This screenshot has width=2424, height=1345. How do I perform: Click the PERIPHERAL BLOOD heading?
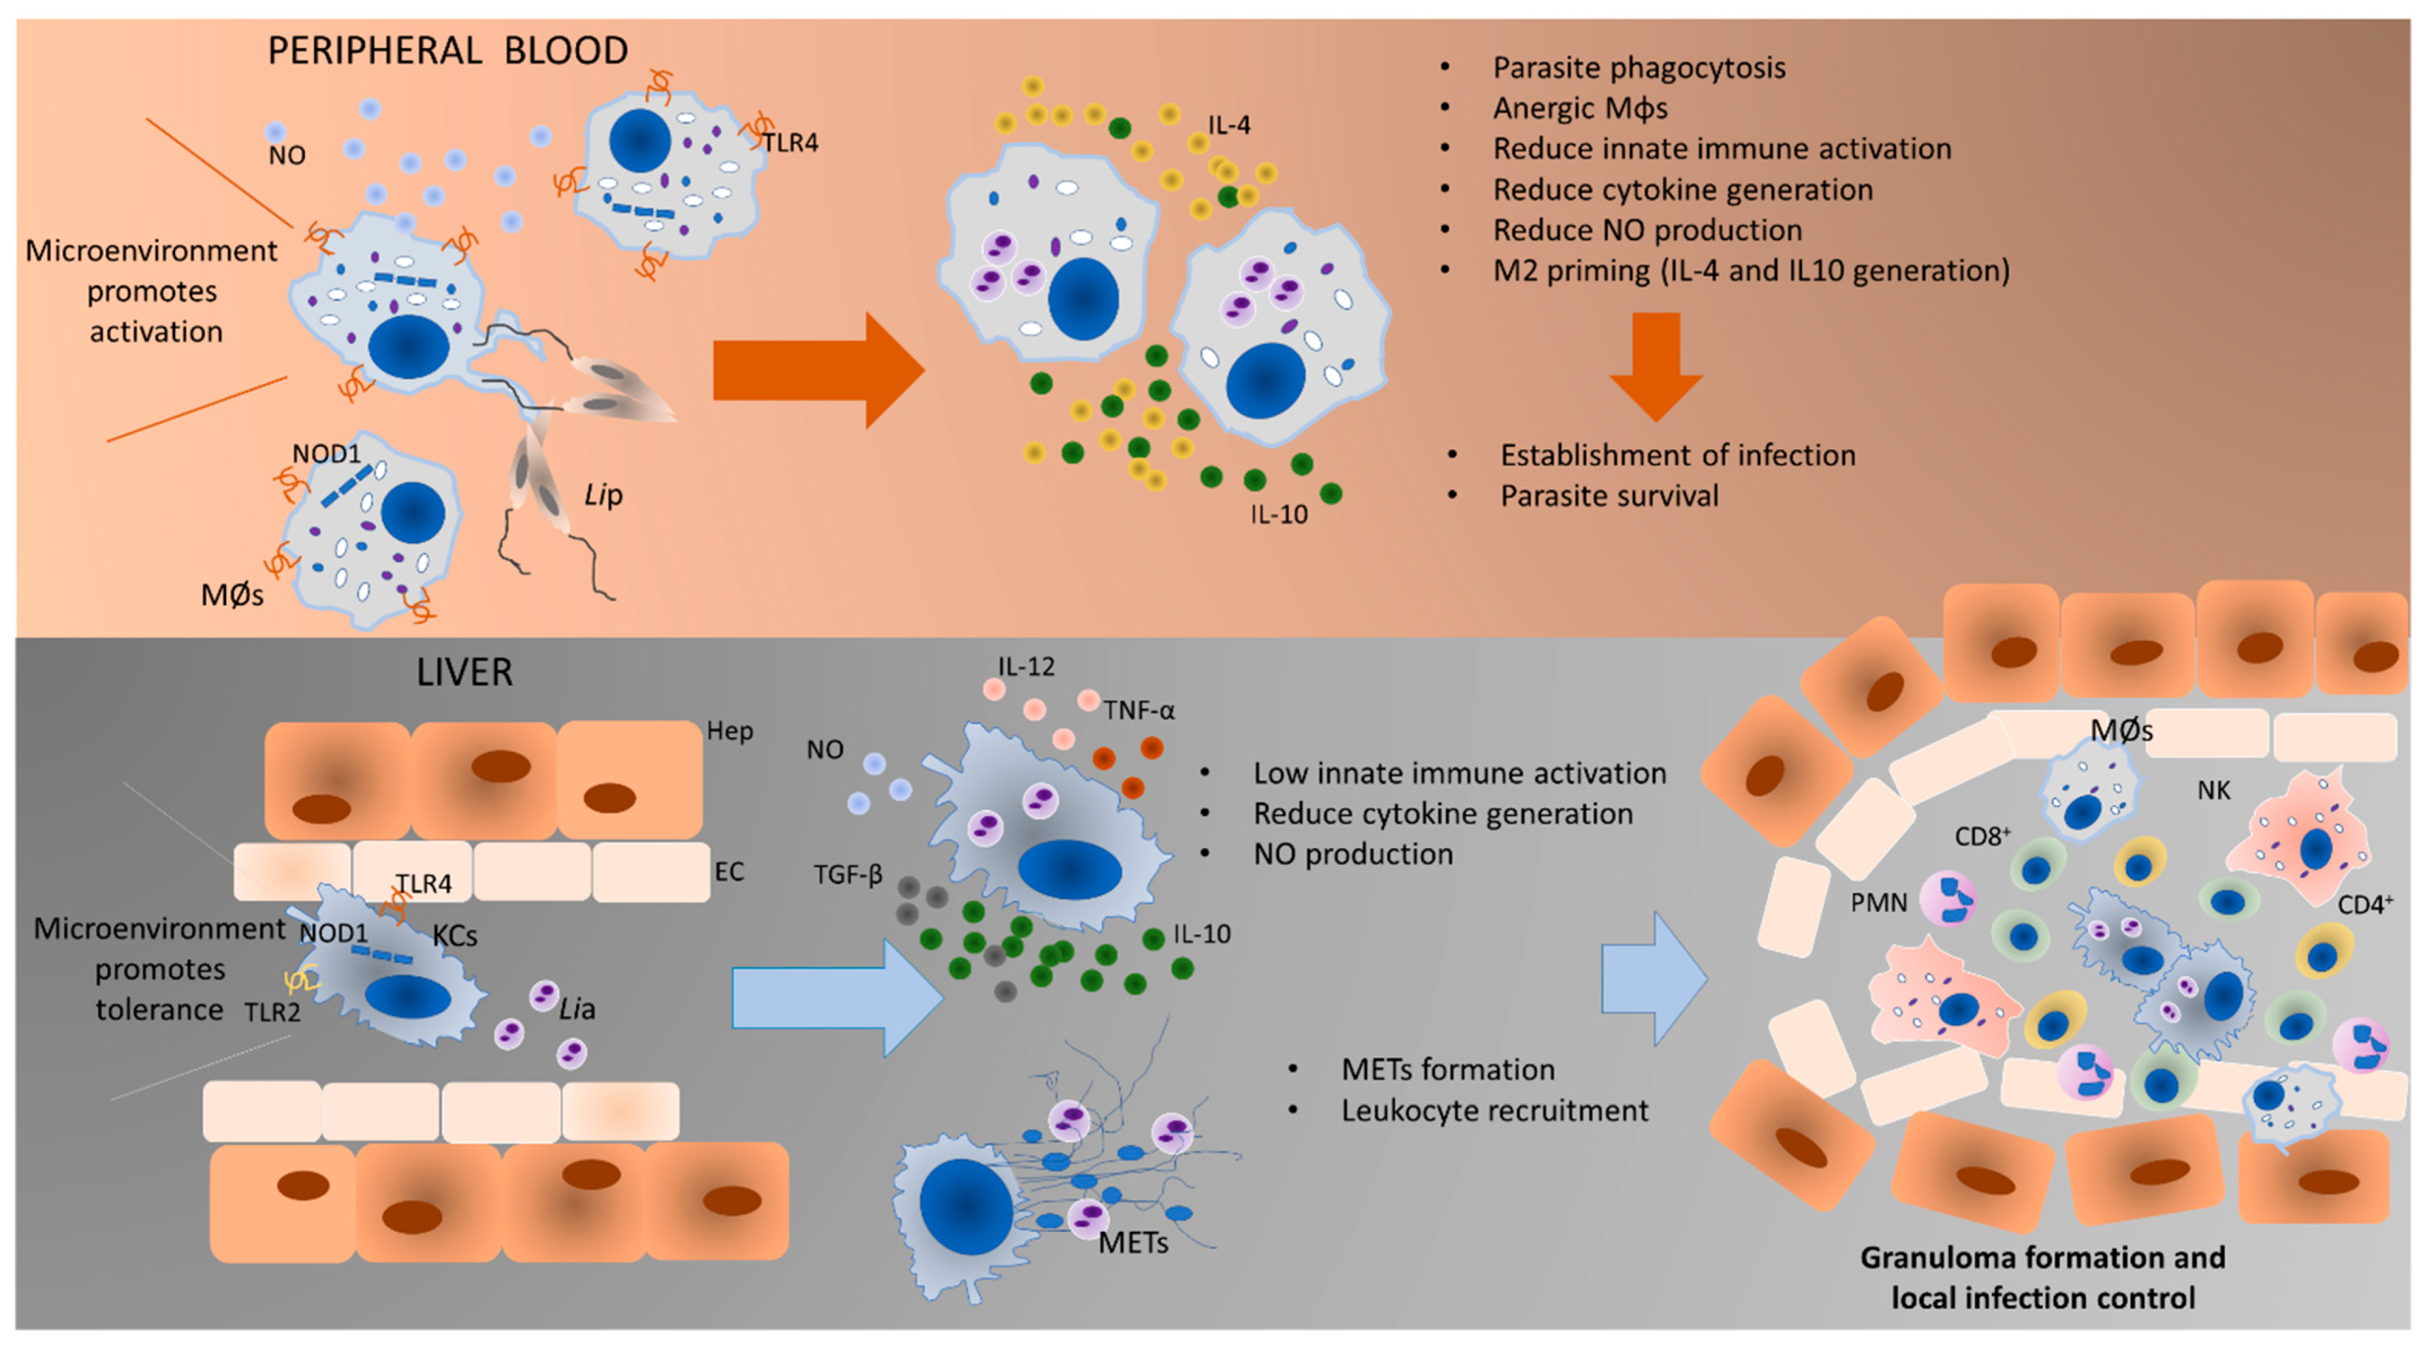tap(448, 51)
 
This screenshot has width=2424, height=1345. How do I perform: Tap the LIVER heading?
tap(465, 672)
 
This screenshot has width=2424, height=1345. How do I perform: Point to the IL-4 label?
tap(1229, 125)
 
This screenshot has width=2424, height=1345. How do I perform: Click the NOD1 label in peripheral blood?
tap(327, 454)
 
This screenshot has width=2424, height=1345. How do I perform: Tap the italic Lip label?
tap(604, 495)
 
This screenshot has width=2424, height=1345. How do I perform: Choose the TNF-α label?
tap(1139, 710)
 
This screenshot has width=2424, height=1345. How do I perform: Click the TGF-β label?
tap(848, 875)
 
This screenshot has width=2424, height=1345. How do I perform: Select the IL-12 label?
tap(1026, 667)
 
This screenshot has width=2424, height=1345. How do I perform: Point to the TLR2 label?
tap(272, 1012)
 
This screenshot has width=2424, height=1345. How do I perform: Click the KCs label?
tap(455, 935)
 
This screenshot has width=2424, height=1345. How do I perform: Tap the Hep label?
tap(729, 731)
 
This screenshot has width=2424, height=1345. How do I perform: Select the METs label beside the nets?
tap(1133, 1243)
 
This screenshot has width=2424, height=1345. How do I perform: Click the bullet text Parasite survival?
tap(1609, 496)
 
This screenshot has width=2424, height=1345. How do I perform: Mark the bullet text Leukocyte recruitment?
tap(1494, 1111)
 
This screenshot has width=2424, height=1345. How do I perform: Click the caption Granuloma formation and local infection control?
tap(2043, 1277)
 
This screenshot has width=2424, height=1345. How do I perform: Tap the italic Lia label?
tap(577, 1010)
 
